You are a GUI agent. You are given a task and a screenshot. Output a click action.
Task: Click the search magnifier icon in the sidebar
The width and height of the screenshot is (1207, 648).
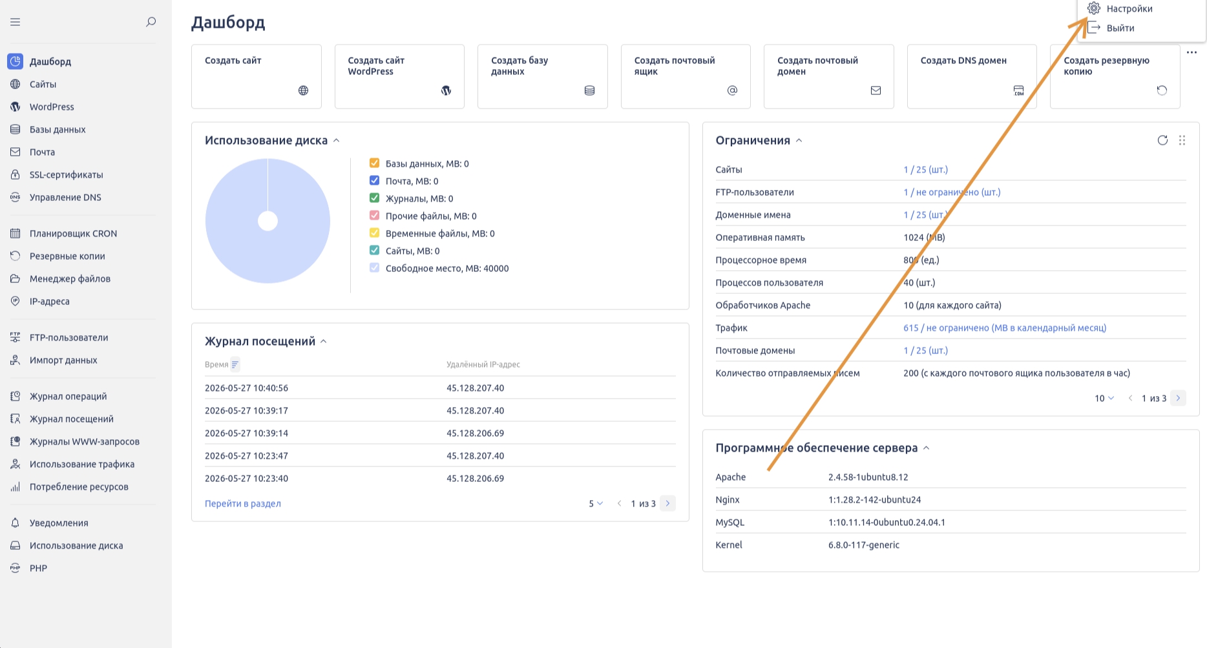(x=151, y=22)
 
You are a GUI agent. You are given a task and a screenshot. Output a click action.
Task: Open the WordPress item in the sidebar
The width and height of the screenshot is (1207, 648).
(x=52, y=107)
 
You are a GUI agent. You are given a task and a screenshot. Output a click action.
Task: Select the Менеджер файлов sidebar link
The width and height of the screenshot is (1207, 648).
(x=70, y=278)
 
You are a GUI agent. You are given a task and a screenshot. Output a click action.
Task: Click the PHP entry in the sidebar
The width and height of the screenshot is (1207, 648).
(x=38, y=568)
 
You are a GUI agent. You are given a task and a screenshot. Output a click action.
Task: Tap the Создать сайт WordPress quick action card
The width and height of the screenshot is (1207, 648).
(x=399, y=76)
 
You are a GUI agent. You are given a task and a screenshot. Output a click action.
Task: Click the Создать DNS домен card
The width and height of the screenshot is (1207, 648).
(x=972, y=76)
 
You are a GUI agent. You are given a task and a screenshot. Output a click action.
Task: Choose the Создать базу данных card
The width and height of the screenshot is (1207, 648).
(x=542, y=76)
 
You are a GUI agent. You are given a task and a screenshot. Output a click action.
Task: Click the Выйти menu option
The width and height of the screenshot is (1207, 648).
(x=1120, y=28)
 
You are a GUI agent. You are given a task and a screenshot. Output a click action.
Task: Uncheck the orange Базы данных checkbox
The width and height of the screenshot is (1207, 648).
(x=374, y=163)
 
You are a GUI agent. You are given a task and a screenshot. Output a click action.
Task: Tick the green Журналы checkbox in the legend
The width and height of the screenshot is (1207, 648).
(x=374, y=198)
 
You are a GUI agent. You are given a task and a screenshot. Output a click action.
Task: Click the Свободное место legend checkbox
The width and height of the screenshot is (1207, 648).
(x=374, y=267)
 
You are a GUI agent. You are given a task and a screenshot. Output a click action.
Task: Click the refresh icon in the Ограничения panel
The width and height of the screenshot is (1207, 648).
(x=1162, y=140)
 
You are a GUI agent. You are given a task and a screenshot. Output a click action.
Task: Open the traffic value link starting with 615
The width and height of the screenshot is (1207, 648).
(x=1005, y=328)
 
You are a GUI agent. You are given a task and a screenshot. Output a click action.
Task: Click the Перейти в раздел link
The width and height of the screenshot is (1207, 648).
(x=243, y=503)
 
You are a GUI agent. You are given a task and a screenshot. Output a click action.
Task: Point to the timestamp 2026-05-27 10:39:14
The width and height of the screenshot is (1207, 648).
(x=246, y=433)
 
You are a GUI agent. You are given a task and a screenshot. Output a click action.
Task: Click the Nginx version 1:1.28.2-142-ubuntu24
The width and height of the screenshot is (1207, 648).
(x=874, y=499)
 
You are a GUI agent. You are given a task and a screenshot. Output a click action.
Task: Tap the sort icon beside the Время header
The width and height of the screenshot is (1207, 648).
(x=235, y=364)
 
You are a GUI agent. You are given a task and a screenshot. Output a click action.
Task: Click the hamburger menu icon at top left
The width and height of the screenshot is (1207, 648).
(x=16, y=22)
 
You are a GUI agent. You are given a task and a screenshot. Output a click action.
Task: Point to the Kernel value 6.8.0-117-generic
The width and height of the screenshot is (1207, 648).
(x=864, y=545)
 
